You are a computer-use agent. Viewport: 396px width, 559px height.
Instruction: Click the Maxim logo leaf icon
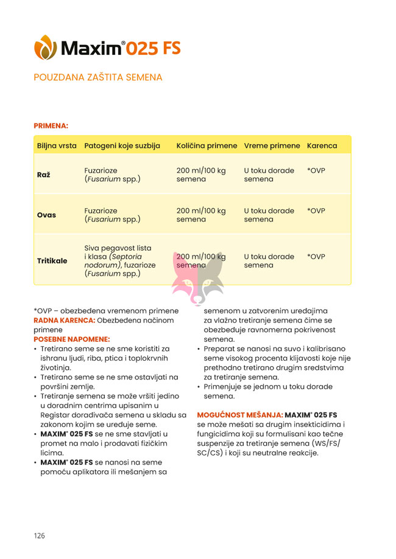(45, 47)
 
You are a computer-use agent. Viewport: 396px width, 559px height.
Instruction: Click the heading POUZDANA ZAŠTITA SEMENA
(98, 77)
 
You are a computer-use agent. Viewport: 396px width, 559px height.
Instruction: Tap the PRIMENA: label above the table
(51, 126)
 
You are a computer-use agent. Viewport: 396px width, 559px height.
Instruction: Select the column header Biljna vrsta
(57, 146)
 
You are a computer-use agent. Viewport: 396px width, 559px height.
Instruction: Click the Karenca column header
(322, 146)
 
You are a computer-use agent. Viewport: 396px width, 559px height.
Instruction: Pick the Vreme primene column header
(272, 146)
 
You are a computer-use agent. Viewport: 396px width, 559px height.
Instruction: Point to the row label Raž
(43, 175)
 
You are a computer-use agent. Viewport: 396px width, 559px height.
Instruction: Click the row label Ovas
(46, 215)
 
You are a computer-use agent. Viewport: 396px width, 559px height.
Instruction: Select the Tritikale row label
(52, 260)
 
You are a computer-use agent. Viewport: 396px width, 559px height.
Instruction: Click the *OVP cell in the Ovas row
(316, 210)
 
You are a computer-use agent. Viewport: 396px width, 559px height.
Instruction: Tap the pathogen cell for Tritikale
(118, 260)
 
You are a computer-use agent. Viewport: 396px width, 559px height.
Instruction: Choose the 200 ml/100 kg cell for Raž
(201, 175)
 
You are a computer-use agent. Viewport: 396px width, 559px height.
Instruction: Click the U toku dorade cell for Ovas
(269, 215)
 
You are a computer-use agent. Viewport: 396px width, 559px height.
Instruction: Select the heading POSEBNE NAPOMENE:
(71, 338)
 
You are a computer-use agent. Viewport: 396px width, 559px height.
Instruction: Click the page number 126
(40, 536)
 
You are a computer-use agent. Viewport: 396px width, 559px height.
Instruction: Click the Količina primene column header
(207, 146)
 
